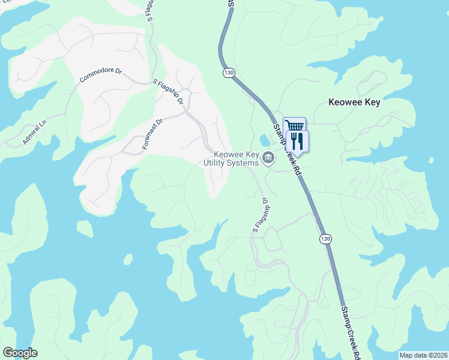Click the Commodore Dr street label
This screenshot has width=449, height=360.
tap(101, 75)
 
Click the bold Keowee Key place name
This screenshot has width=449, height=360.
tap(354, 103)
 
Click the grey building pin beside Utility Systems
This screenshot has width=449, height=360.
tap(268, 158)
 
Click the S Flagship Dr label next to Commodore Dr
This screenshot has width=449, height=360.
tap(168, 92)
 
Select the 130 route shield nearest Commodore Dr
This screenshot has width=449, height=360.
tap(228, 73)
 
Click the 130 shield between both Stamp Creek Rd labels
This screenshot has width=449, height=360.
tap(325, 239)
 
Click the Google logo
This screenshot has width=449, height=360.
tap(20, 353)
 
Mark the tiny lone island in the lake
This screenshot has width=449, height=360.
tap(127, 259)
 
